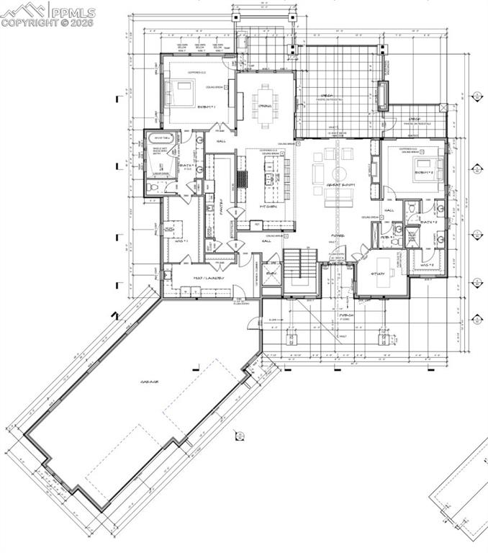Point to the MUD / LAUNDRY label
[209, 277]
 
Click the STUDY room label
[379, 274]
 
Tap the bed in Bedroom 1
[180, 93]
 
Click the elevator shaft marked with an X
[271, 277]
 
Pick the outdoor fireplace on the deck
[382, 96]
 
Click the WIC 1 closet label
[181, 240]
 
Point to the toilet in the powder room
[397, 230]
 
